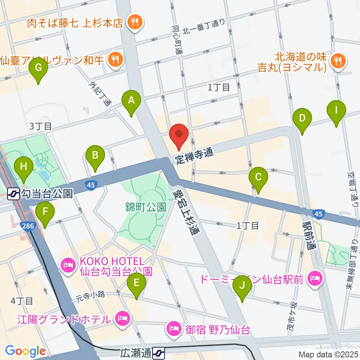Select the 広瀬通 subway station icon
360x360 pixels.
159,352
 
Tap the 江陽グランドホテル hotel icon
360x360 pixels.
122,319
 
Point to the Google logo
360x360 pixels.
25,351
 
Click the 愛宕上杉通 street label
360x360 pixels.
186,211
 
